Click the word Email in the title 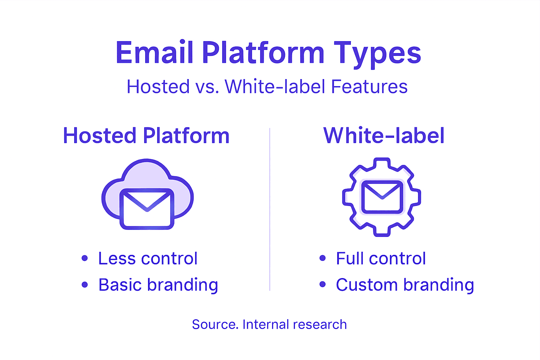pyautogui.click(x=155, y=53)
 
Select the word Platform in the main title pyautogui.click(x=263, y=53)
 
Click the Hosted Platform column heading pyautogui.click(x=146, y=136)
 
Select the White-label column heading pyautogui.click(x=384, y=136)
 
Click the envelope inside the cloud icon pyautogui.click(x=147, y=209)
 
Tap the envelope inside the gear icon pyautogui.click(x=382, y=197)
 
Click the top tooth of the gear pyautogui.click(x=382, y=163)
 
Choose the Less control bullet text pyautogui.click(x=148, y=259)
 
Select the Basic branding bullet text pyautogui.click(x=158, y=285)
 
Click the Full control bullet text pyautogui.click(x=381, y=259)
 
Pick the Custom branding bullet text pyautogui.click(x=405, y=285)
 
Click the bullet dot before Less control pyautogui.click(x=84, y=258)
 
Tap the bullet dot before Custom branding pyautogui.click(x=322, y=284)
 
